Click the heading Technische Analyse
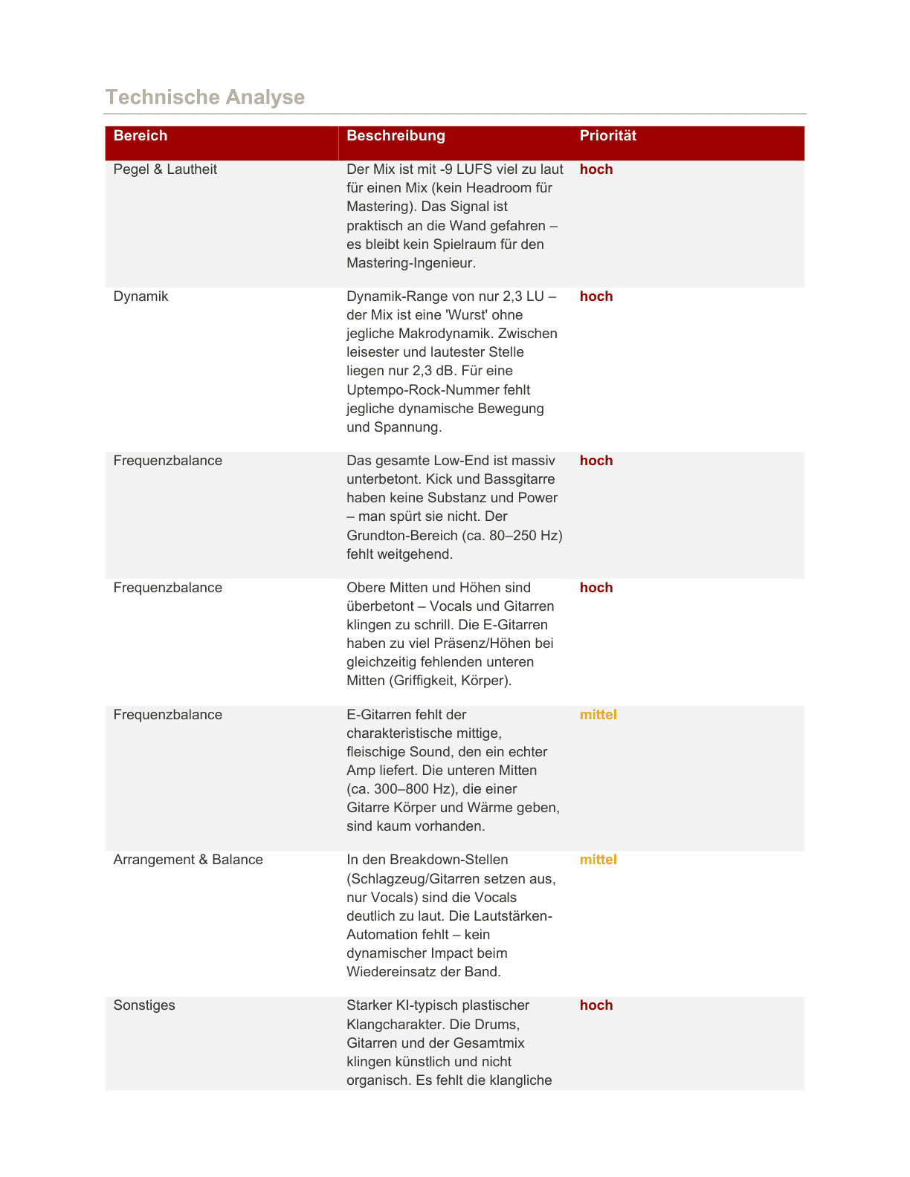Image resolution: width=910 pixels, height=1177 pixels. point(205,97)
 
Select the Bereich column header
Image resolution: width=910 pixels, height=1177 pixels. point(141,136)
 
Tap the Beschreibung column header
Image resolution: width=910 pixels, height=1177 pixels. point(396,136)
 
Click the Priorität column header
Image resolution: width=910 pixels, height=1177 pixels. point(607,136)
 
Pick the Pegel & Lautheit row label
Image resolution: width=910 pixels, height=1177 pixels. point(165,169)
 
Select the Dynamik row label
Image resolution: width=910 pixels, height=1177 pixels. point(141,296)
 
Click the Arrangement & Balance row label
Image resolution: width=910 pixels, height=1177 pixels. point(188,860)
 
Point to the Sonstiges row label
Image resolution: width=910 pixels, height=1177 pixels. point(144,1005)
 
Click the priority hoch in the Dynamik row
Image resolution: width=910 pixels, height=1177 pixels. point(596,296)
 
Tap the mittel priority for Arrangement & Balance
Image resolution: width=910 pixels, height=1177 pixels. point(598,860)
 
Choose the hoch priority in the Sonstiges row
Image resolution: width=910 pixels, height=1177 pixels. point(596,1005)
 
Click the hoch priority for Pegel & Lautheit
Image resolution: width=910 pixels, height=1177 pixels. point(596,169)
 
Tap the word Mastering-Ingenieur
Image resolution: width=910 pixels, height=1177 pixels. point(411,263)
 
